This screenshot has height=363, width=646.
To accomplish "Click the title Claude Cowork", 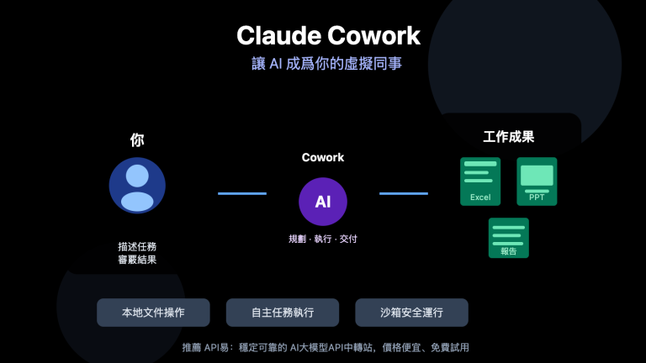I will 328,36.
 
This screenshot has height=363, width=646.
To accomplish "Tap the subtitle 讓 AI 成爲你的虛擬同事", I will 327,64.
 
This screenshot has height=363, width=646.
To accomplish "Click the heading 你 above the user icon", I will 137,139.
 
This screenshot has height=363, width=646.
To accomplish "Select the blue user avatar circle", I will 137,186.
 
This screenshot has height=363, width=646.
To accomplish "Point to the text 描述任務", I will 137,247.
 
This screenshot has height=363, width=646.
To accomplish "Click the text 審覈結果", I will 137,260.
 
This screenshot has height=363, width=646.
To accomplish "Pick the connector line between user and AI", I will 242,194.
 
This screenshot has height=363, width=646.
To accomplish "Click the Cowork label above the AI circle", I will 323,157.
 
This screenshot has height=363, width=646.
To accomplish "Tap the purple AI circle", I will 323,202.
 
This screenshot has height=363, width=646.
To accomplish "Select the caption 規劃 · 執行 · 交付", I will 323,239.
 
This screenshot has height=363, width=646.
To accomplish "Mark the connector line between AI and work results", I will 404,194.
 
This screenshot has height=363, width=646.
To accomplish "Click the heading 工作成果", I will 508,136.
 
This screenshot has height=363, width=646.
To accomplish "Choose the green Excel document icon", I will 480,181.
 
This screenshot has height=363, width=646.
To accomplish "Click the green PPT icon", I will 537,181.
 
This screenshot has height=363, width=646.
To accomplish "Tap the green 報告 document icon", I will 509,238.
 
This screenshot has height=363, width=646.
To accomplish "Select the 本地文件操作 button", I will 153,313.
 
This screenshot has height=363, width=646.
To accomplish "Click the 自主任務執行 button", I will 283,313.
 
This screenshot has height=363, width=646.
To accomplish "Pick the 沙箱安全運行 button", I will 411,313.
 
